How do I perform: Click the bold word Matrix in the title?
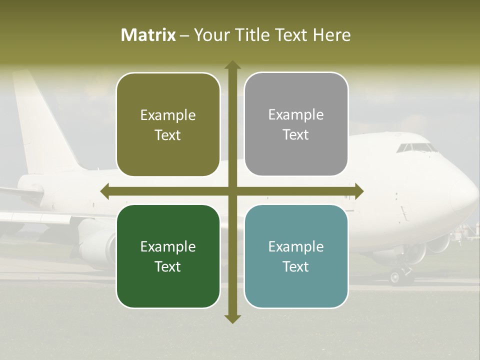[148, 35]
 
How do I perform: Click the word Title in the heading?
[255, 35]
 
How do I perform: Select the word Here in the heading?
[331, 35]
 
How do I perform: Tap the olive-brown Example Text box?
[168, 124]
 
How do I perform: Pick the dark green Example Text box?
[168, 256]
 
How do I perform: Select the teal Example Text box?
[296, 256]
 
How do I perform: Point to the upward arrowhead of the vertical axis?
[232, 64]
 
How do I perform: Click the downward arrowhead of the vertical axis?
[232, 318]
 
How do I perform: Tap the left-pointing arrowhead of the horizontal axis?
[104, 191]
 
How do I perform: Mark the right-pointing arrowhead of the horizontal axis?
[359, 191]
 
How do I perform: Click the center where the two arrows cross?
[232, 191]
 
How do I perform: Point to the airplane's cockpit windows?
[416, 148]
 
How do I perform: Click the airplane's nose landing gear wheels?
[400, 276]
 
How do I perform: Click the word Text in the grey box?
[296, 135]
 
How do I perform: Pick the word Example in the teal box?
[296, 246]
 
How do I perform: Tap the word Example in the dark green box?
[168, 246]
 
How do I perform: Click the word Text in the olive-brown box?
[168, 135]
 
